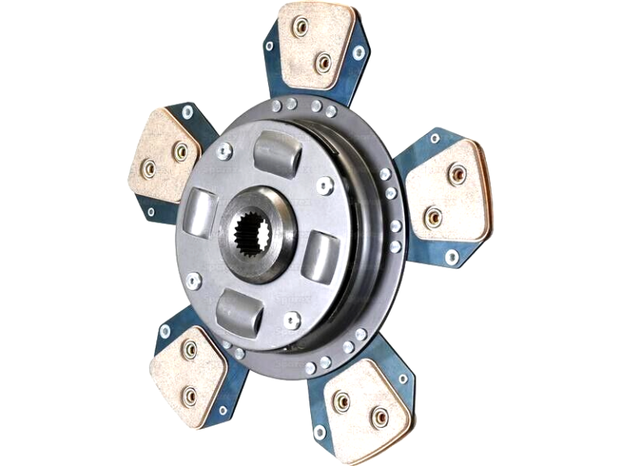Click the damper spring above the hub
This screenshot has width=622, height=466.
278,154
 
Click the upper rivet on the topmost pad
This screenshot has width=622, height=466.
301,27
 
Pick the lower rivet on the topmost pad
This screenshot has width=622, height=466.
324,61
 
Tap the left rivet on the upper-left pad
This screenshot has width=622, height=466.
148,168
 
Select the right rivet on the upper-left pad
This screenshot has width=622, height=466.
180,151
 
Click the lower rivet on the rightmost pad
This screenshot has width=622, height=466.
433,217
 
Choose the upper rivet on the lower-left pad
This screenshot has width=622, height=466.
189,349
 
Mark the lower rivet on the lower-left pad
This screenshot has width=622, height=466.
189,395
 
